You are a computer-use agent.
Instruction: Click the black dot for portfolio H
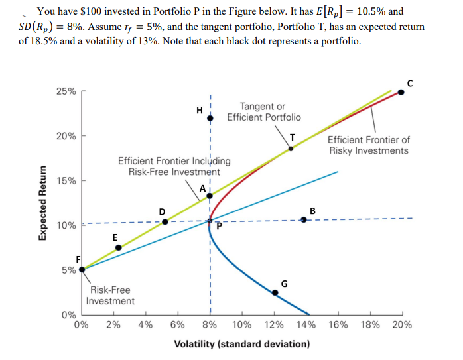210,118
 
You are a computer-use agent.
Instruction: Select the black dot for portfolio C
401,92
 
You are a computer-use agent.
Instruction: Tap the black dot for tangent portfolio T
291,149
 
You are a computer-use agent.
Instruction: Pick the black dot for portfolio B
304,219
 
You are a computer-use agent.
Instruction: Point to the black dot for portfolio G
275,292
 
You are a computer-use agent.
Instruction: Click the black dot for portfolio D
165,221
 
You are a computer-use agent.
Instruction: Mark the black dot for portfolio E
119,247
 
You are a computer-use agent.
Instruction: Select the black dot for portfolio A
210,195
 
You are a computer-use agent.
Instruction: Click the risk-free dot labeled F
82,269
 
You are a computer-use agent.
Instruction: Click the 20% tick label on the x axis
401,325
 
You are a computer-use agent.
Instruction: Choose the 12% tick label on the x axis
274,325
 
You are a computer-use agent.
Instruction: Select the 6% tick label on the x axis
178,325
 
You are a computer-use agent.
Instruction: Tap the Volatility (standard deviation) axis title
241,344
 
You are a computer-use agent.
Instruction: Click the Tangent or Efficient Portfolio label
263,112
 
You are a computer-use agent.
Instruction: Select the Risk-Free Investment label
110,295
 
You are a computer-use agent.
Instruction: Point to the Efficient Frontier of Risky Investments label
369,145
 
